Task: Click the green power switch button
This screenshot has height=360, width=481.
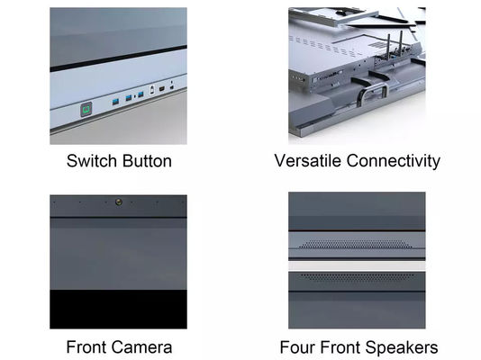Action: tap(86, 110)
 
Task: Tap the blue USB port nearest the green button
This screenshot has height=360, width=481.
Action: tap(115, 102)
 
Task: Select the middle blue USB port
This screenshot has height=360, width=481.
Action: tap(129, 98)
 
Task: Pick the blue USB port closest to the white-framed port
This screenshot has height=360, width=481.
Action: tap(141, 94)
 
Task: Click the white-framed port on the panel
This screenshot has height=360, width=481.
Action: tap(152, 90)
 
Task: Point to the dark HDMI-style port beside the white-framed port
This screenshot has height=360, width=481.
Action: tap(161, 89)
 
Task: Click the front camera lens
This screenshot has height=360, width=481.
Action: tap(119, 202)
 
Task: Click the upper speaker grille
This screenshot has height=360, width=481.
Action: tap(357, 244)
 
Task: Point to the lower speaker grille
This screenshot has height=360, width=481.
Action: tap(357, 277)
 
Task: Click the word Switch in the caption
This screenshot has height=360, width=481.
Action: tap(91, 161)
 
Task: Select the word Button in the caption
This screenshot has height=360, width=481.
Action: tap(148, 161)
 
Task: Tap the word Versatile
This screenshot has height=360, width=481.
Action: tap(308, 161)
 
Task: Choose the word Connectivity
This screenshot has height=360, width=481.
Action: tap(394, 161)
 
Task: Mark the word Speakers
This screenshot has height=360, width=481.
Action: tap(402, 348)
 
